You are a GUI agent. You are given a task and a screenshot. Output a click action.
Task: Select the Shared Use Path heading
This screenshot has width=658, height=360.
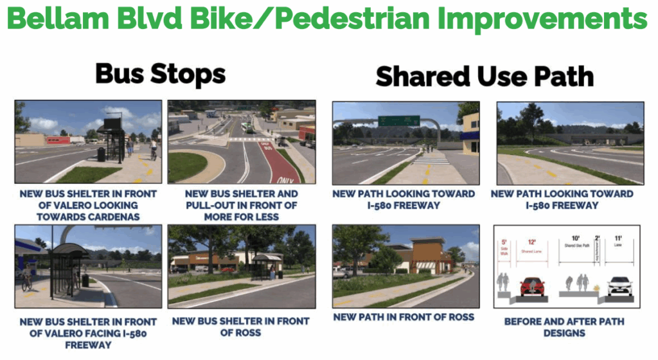click(x=485, y=76)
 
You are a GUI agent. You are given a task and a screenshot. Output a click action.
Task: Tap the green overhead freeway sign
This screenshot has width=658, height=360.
click(x=398, y=121)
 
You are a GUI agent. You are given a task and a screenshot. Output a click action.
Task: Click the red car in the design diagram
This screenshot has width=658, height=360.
click(x=533, y=285)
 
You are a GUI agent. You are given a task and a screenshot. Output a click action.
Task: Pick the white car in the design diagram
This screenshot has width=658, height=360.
click(x=620, y=285)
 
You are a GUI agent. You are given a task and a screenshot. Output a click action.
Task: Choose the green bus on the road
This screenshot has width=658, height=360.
click(x=245, y=128)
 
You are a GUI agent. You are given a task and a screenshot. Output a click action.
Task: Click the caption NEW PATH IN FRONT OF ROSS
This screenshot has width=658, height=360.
click(x=404, y=317)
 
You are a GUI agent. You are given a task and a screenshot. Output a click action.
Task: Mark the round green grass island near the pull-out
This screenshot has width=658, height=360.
click(x=186, y=165)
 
